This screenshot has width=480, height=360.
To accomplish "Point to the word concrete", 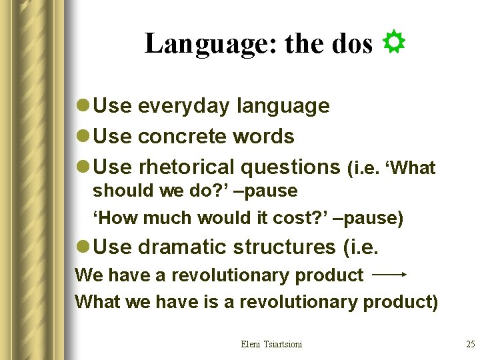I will click(181, 137).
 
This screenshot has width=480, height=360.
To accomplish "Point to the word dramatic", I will click(182, 247).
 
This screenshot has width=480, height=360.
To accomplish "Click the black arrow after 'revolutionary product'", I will click(389, 274).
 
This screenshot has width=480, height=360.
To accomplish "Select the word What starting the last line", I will click(95, 302).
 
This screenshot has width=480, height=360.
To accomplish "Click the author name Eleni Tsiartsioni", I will click(271, 344).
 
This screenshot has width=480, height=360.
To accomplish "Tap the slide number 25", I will click(470, 344).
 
